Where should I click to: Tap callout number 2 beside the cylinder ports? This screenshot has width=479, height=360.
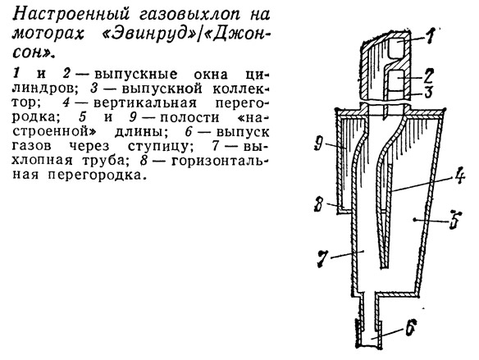click(x=428, y=75)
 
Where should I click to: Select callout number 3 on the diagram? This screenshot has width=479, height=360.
click(x=429, y=92)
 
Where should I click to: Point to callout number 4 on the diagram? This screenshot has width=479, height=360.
click(x=459, y=177)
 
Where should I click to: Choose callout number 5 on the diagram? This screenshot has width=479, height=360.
click(x=454, y=220)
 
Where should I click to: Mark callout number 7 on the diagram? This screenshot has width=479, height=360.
click(x=323, y=258)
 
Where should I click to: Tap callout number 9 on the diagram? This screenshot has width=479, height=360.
click(x=318, y=144)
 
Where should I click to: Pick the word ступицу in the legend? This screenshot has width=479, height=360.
click(x=161, y=147)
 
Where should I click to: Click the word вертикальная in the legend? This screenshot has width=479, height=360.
click(x=145, y=103)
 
